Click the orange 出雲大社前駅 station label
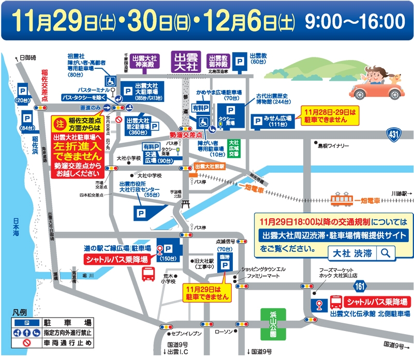[210, 167]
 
